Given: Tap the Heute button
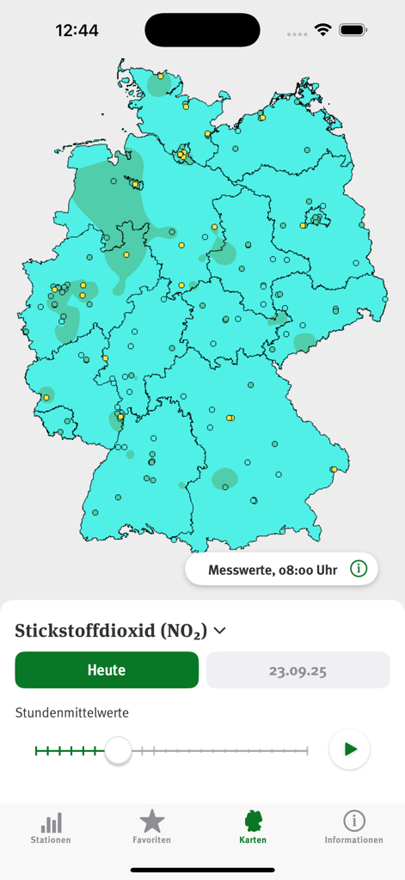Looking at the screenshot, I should click(x=107, y=670).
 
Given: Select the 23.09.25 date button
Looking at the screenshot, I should click(x=298, y=670).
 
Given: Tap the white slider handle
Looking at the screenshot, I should click(x=118, y=750).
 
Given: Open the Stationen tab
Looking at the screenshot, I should click(x=51, y=828).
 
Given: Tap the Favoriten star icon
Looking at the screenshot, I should click(x=152, y=822).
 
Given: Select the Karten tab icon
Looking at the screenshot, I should click(x=253, y=822).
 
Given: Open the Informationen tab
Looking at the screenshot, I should click(x=353, y=828).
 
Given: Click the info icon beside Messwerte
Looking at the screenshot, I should click(x=359, y=569).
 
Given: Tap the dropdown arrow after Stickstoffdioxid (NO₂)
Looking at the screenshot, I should click(x=220, y=631).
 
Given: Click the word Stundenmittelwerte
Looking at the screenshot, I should click(x=72, y=712).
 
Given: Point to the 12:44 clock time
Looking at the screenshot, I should click(x=77, y=30).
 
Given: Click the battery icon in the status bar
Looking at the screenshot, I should click(x=353, y=30).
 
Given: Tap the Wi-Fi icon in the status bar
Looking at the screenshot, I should click(x=322, y=30).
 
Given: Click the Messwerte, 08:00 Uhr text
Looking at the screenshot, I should click(x=273, y=570).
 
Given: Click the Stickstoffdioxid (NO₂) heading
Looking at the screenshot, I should click(x=111, y=631).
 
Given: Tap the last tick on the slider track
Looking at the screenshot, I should click(x=307, y=751).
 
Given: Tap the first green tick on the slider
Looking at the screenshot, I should click(x=36, y=751).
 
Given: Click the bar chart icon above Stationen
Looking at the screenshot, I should click(x=51, y=822).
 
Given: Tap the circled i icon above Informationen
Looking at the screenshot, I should click(x=353, y=821).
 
